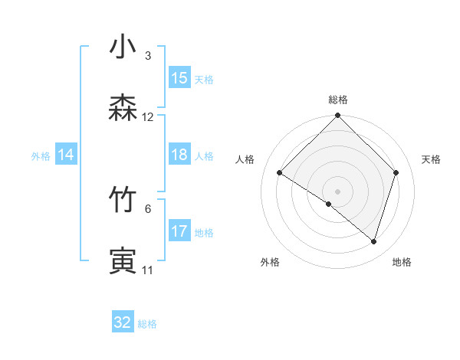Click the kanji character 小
point(123,47)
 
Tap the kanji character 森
point(123,108)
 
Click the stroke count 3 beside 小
point(148,56)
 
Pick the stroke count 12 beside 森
point(148,117)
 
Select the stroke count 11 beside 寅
point(148,270)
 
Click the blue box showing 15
point(179,78)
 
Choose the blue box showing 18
point(179,155)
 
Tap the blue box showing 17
point(179,231)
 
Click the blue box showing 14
point(66,155)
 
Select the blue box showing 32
point(123,322)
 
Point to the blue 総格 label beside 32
point(147,324)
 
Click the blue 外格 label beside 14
point(41,156)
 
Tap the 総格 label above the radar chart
point(338,100)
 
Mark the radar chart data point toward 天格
point(396,172)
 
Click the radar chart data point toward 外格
point(329,204)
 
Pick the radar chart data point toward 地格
point(374,241)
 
